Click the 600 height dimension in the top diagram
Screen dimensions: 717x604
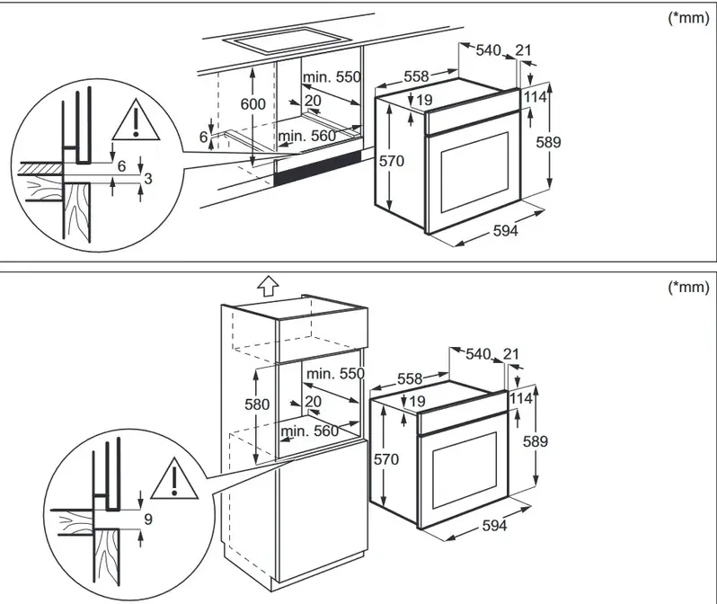point(252,104)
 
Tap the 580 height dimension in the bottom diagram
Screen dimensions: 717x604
point(257,404)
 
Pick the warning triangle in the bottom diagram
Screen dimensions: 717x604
point(174,477)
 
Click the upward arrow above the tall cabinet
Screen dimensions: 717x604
point(268,288)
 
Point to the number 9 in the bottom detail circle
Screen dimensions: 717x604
point(147,520)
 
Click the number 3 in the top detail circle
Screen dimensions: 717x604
point(147,178)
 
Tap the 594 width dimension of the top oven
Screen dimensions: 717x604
point(505,231)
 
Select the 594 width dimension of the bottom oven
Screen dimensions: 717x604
point(494,526)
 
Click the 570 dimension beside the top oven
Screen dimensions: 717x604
point(392,161)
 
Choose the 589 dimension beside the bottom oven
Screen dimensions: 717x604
point(536,441)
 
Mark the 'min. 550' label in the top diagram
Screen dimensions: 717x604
point(332,77)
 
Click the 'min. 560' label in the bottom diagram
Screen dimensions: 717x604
point(310,431)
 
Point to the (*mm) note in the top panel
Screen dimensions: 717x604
point(688,18)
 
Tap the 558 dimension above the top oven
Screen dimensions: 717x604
point(417,76)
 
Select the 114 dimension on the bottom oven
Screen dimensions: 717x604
point(521,398)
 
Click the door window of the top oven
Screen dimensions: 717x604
point(474,173)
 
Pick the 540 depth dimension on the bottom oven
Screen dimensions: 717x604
point(478,354)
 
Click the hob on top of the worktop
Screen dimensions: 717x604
point(287,39)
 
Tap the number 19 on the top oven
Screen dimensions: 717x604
point(425,100)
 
